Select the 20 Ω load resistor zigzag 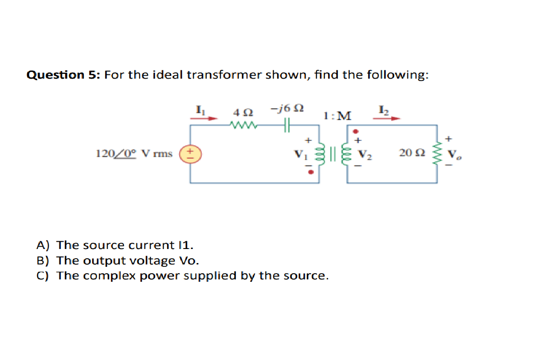click(438, 154)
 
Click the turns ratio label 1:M click(337, 116)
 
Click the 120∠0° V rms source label click(134, 154)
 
